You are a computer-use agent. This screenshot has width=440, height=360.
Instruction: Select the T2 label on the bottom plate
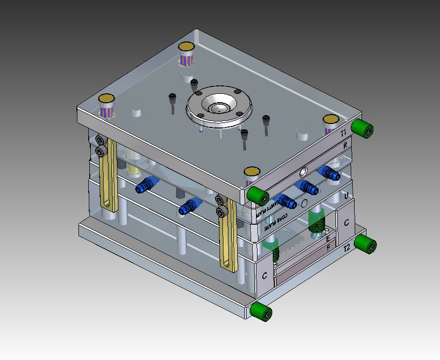click(347, 248)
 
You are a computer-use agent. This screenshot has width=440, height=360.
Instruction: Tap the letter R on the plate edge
click(345, 146)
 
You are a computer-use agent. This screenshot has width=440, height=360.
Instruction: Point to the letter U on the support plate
click(346, 196)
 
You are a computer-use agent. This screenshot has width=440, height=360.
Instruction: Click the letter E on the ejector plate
click(328, 239)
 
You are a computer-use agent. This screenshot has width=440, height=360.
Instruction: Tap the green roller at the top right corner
click(364, 128)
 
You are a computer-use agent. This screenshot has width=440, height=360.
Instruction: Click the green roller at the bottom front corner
click(260, 312)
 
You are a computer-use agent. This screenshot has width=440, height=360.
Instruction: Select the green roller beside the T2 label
click(366, 244)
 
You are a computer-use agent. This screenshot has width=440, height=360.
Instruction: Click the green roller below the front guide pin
click(257, 196)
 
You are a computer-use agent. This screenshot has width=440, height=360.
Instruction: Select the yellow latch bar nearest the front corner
click(229, 237)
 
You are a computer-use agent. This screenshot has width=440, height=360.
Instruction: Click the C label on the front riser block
click(265, 276)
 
